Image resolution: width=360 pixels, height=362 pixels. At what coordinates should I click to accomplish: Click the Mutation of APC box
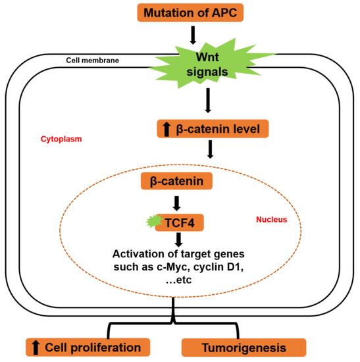[x=191, y=13]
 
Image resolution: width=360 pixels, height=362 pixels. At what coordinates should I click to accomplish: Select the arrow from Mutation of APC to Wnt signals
[x=191, y=34]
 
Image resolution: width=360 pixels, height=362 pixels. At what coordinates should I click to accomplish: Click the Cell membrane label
[x=91, y=60]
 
